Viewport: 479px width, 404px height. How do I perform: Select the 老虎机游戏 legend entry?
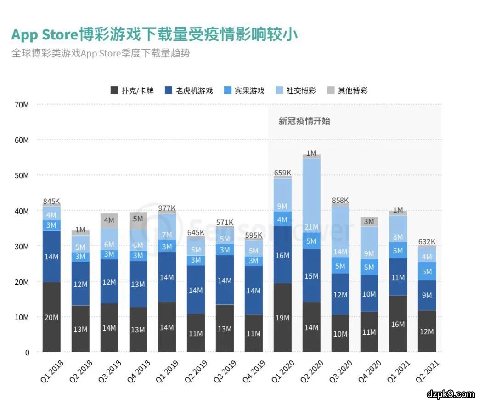(x=188, y=90)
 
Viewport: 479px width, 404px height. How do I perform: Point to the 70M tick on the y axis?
(x=22, y=105)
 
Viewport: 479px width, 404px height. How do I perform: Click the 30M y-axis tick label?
(x=22, y=247)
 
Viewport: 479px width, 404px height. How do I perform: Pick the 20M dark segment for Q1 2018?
(x=51, y=317)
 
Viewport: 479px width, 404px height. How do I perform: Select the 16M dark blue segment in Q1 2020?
(x=282, y=255)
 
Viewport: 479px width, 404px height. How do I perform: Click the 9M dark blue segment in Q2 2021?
(x=427, y=295)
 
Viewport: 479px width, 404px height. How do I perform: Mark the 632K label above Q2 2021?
(x=426, y=241)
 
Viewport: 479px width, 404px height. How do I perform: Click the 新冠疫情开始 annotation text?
(x=304, y=122)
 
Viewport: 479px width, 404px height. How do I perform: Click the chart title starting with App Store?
(x=154, y=35)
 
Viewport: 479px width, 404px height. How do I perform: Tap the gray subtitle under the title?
(x=101, y=53)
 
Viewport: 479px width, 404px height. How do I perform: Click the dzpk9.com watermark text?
(x=450, y=394)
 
